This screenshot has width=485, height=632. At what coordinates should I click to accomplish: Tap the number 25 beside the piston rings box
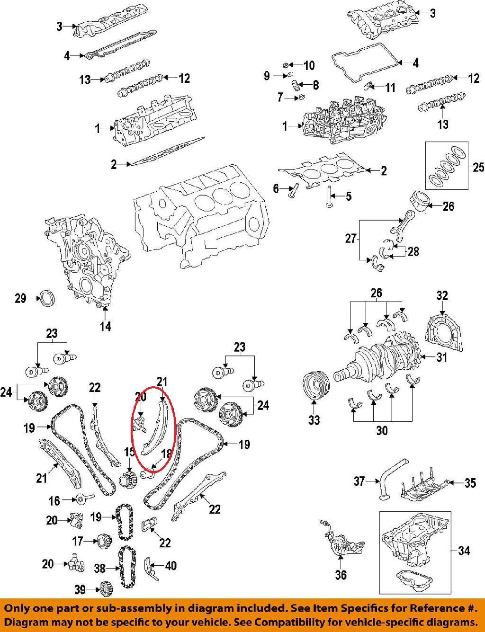pos(478,168)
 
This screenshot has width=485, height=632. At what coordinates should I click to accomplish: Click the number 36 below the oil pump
pos(341,575)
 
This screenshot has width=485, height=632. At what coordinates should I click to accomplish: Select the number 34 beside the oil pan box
pos(465,551)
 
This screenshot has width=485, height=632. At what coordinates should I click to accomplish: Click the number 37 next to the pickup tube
pos(359,481)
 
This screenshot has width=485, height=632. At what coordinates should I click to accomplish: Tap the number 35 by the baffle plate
pos(469,483)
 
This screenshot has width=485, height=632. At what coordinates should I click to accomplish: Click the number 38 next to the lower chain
pos(99,568)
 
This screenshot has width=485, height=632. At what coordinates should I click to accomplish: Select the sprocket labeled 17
pos(103,541)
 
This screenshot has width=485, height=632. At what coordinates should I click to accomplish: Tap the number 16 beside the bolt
pos(54,500)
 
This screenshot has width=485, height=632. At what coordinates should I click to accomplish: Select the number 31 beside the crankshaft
pos(441,357)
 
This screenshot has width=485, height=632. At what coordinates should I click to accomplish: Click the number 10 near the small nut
pos(309,65)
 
